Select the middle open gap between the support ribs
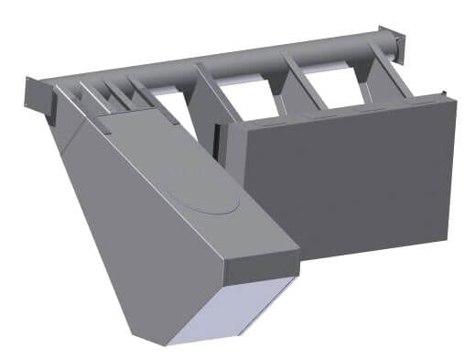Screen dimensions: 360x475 (246, 96)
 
